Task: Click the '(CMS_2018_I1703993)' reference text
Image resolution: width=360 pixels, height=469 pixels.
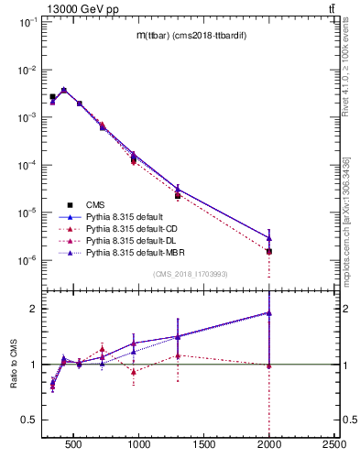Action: click(x=191, y=274)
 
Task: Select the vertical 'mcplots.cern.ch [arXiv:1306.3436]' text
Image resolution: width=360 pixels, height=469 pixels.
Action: click(x=346, y=229)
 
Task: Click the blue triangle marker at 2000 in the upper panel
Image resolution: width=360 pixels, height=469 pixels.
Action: click(x=269, y=238)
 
